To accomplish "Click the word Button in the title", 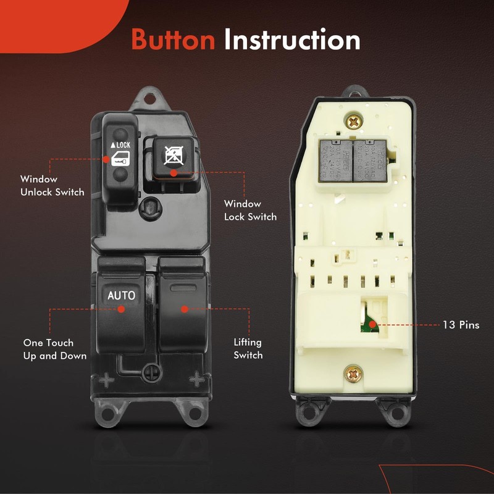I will coord(173,40).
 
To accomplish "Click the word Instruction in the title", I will coord(292,40).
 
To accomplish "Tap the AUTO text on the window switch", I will coord(121,295).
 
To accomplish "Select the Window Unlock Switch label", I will coord(52,185).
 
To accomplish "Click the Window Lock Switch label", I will coord(250,210).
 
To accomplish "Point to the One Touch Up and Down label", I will coord(54,349).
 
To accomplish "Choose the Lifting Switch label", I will coord(248,349).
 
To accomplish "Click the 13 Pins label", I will coord(460,325).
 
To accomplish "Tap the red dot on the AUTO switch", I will coord(122,308).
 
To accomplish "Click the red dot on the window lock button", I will coord(174,174).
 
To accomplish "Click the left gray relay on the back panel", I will coord(334,159).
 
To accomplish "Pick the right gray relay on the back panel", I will coord(369,159).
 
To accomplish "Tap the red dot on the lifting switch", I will coord(183,308).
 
